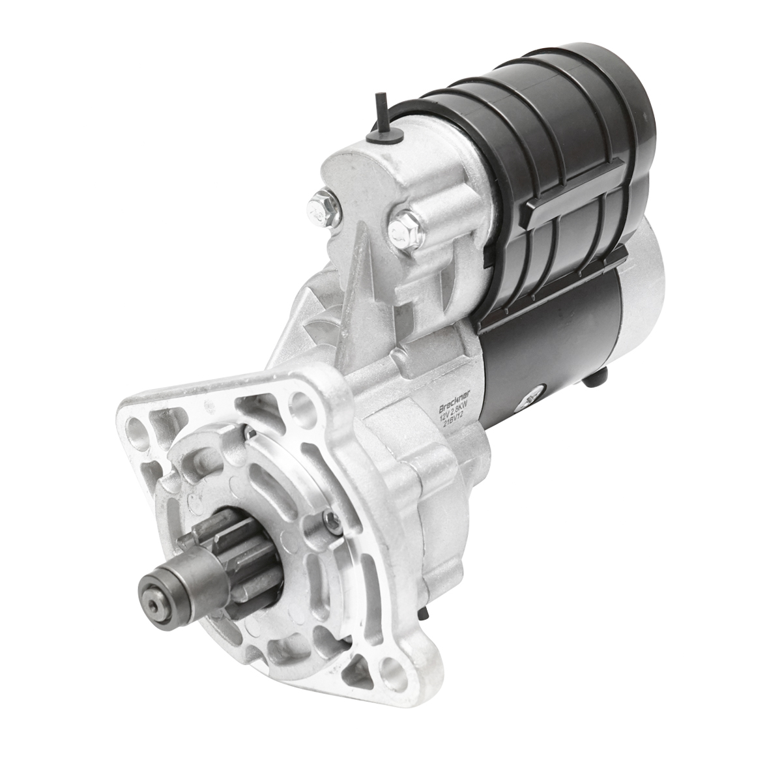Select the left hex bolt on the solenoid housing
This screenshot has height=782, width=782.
[x=321, y=202]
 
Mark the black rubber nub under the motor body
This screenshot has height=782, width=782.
[x=600, y=377]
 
